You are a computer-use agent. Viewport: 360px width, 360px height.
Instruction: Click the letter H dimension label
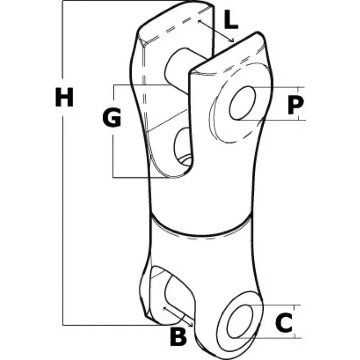tap(64, 97)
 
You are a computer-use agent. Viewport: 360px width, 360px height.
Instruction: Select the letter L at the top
tap(231, 19)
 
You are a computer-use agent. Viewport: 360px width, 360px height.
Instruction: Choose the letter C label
tap(284, 323)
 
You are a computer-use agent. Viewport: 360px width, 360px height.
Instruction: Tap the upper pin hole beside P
tap(243, 103)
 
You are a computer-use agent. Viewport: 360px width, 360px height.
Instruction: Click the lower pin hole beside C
tap(240, 321)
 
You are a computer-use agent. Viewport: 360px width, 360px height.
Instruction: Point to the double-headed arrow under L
tap(216, 31)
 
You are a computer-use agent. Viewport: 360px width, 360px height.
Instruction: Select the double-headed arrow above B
tap(178, 316)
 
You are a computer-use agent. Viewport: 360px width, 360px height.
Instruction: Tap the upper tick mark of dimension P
tap(298, 87)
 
